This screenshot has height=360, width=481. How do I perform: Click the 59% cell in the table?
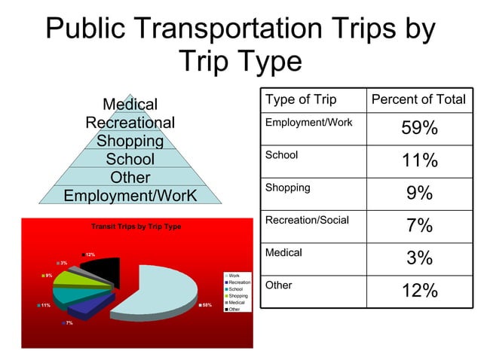pyautogui.click(x=419, y=129)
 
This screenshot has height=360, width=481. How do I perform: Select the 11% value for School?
pyautogui.click(x=419, y=161)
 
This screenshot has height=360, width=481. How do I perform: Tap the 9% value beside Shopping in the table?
pyautogui.click(x=419, y=194)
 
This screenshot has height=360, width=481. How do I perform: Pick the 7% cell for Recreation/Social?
pyautogui.click(x=419, y=226)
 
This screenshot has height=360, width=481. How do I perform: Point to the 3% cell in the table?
pyautogui.click(x=419, y=258)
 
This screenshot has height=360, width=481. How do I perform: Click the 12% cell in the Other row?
pyautogui.click(x=419, y=291)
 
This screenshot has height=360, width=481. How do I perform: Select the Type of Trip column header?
pyautogui.click(x=301, y=100)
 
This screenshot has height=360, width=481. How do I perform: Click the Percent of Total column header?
pyautogui.click(x=418, y=100)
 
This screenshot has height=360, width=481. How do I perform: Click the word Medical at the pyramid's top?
pyautogui.click(x=130, y=105)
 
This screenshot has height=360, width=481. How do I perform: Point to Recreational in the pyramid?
pyautogui.click(x=130, y=123)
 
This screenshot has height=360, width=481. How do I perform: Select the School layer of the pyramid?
pyautogui.click(x=130, y=160)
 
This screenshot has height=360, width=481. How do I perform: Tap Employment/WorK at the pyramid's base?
pyautogui.click(x=130, y=196)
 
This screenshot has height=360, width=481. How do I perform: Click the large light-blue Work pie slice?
pyautogui.click(x=162, y=290)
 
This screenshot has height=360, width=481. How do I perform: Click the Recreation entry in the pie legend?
pyautogui.click(x=239, y=282)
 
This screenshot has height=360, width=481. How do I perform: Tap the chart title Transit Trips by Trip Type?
pyautogui.click(x=136, y=227)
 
